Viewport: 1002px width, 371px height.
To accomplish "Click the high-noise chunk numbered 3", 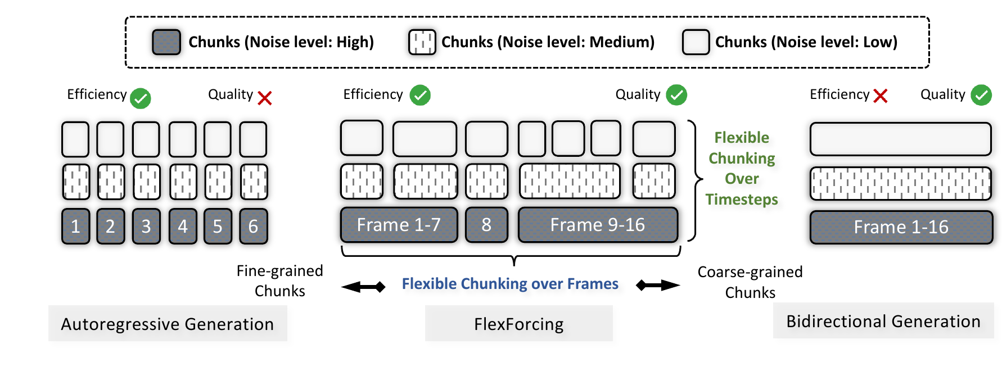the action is [x=146, y=226].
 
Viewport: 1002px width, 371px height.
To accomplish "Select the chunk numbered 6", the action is [x=253, y=226].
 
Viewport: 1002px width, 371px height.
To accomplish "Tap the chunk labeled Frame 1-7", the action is [x=399, y=225].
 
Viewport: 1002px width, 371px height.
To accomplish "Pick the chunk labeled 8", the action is [x=486, y=225].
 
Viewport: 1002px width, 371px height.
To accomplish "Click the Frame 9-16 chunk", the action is [x=598, y=225].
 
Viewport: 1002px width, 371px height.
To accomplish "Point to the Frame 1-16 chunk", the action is [x=901, y=227].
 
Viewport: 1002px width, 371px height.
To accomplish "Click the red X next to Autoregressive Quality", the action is [x=265, y=98].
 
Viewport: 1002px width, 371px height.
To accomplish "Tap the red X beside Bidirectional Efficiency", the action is [x=881, y=96].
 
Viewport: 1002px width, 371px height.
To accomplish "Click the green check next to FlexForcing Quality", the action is [x=676, y=95].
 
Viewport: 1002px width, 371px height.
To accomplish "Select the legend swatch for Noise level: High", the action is [x=166, y=42].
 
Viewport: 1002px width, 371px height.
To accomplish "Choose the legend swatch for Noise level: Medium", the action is [x=422, y=42].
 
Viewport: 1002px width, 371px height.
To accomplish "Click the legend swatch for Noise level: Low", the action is [x=696, y=42].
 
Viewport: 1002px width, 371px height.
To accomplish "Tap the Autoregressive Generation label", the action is [x=168, y=324].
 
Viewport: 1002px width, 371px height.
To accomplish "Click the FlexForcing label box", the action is [x=519, y=324].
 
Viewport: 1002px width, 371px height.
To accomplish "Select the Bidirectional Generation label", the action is [x=883, y=321].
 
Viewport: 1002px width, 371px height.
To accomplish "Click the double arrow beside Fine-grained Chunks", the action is [x=363, y=287].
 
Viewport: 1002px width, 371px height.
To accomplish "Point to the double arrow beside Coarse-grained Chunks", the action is [x=658, y=285].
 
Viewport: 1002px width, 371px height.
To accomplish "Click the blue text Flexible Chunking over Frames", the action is [x=510, y=284].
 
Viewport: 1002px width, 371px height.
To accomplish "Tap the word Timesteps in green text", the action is [x=742, y=200].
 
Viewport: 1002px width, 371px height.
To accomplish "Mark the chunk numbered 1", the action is [x=75, y=226].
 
